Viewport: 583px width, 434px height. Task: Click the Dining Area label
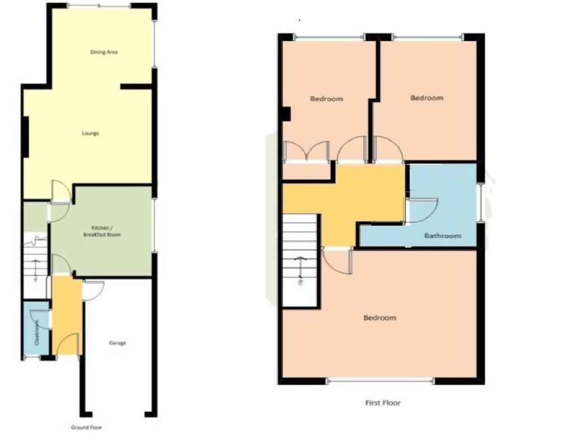coord(104,52)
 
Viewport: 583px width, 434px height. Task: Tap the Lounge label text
coord(90,133)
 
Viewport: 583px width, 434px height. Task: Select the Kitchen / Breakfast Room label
coord(106,231)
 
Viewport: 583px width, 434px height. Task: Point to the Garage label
coord(117,343)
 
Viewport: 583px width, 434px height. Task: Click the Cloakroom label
coord(37,332)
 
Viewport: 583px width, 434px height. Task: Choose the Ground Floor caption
coord(87,427)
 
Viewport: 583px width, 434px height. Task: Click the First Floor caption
coord(383,403)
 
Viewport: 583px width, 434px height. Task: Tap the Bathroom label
coord(443,236)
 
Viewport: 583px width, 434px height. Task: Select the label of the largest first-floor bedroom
coord(380,318)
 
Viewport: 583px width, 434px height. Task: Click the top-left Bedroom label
coord(326,99)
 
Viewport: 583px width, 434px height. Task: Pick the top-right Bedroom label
coord(426,98)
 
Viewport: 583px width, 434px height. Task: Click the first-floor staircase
coord(300,260)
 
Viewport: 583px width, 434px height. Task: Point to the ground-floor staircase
coord(35,263)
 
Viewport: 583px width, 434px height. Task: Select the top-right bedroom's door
coord(388,150)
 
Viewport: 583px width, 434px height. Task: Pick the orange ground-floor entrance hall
coord(67,316)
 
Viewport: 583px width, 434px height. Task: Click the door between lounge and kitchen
coord(60,192)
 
